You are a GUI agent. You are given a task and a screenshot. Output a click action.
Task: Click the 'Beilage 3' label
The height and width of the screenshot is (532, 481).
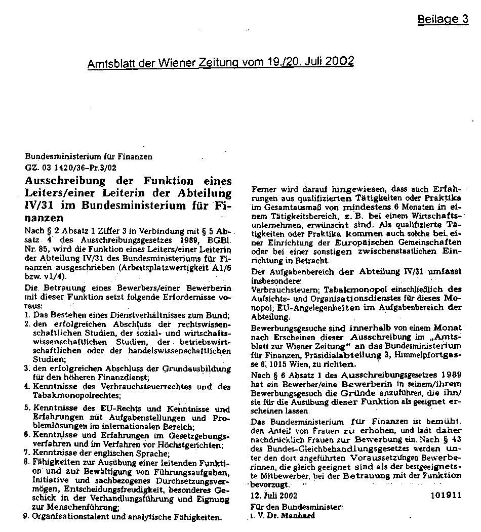[x=443, y=20]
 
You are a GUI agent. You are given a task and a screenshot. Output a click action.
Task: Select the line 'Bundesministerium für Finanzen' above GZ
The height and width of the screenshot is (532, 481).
[x=89, y=157]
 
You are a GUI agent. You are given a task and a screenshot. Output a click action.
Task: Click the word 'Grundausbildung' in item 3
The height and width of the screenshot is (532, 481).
[x=201, y=369]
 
